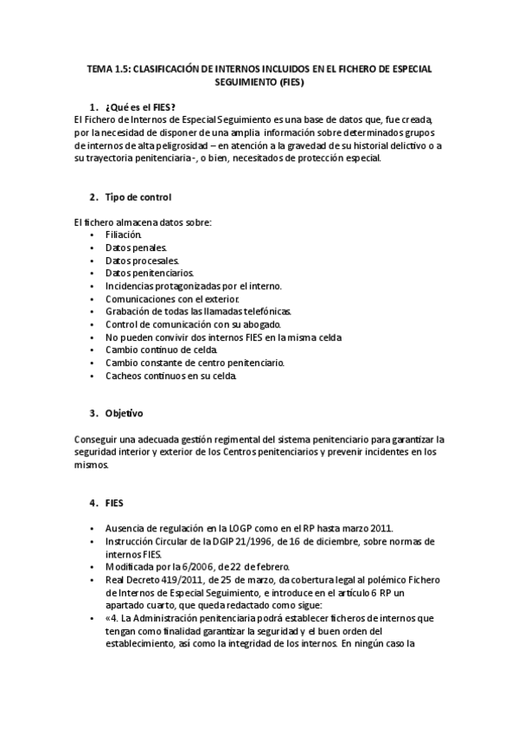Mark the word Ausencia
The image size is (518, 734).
[x=126, y=528]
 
